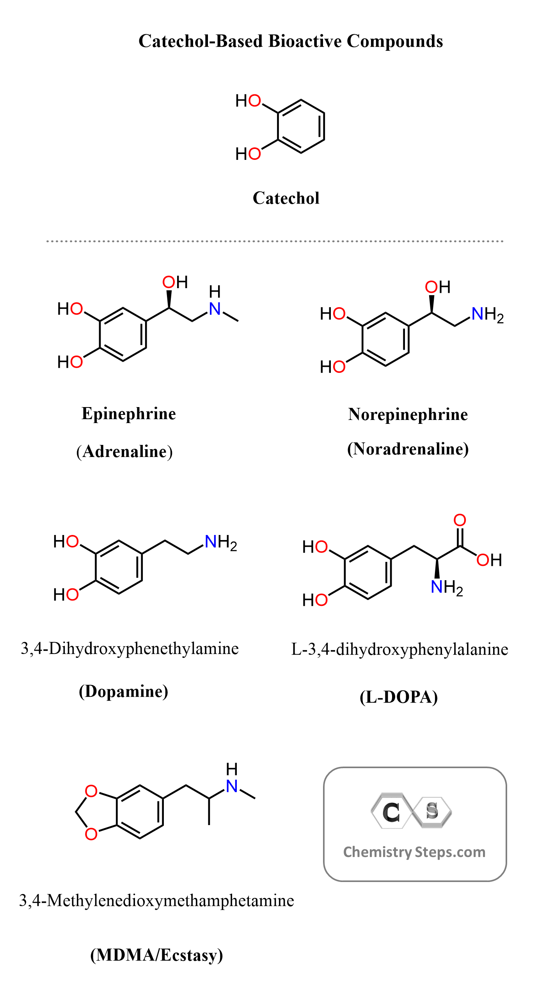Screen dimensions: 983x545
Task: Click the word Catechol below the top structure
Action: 286,198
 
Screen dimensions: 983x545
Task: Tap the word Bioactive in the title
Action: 305,41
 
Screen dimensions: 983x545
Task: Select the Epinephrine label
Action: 129,414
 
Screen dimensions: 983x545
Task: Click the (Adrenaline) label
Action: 124,452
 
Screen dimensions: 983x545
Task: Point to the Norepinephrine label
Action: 408,414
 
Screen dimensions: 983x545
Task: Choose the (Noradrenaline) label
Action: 408,449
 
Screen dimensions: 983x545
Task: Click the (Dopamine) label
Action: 124,691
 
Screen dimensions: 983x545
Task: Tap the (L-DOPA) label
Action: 399,697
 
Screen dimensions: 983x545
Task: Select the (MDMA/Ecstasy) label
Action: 156,955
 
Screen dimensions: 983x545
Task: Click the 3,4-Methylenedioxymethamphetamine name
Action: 156,901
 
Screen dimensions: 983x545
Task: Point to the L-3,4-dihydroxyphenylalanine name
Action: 399,649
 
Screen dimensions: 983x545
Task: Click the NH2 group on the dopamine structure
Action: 220,542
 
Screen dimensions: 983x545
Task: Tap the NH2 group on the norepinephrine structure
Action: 487,314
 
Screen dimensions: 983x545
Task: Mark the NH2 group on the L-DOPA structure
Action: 446,587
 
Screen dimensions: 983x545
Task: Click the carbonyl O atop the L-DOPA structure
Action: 460,520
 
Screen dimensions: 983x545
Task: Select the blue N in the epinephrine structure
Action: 215,309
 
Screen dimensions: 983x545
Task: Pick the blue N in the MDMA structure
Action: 232,786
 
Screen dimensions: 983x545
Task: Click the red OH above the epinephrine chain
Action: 175,282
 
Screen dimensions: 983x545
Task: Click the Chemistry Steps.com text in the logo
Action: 414,852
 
